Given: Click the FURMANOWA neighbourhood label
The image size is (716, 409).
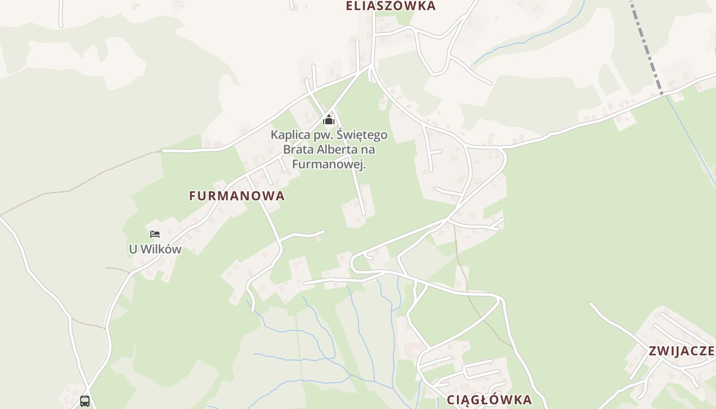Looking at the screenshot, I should click(x=237, y=196).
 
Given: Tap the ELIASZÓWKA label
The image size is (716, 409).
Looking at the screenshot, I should click(x=391, y=6).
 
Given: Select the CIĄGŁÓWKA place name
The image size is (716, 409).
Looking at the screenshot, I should click(x=489, y=400).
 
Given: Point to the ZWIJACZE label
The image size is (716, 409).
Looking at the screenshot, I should click(x=681, y=351).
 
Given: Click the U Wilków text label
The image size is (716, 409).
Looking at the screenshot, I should click(x=155, y=249).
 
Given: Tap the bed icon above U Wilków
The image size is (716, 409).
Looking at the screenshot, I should click(x=155, y=234).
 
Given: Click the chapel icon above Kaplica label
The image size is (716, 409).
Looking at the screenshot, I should click(x=329, y=120).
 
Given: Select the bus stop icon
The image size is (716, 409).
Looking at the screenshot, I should click(x=85, y=401).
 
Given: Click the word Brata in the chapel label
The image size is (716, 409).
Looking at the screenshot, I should click(x=297, y=150).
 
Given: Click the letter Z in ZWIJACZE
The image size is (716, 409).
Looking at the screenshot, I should click(x=653, y=351).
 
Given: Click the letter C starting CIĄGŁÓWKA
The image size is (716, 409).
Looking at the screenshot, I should click(x=452, y=400).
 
